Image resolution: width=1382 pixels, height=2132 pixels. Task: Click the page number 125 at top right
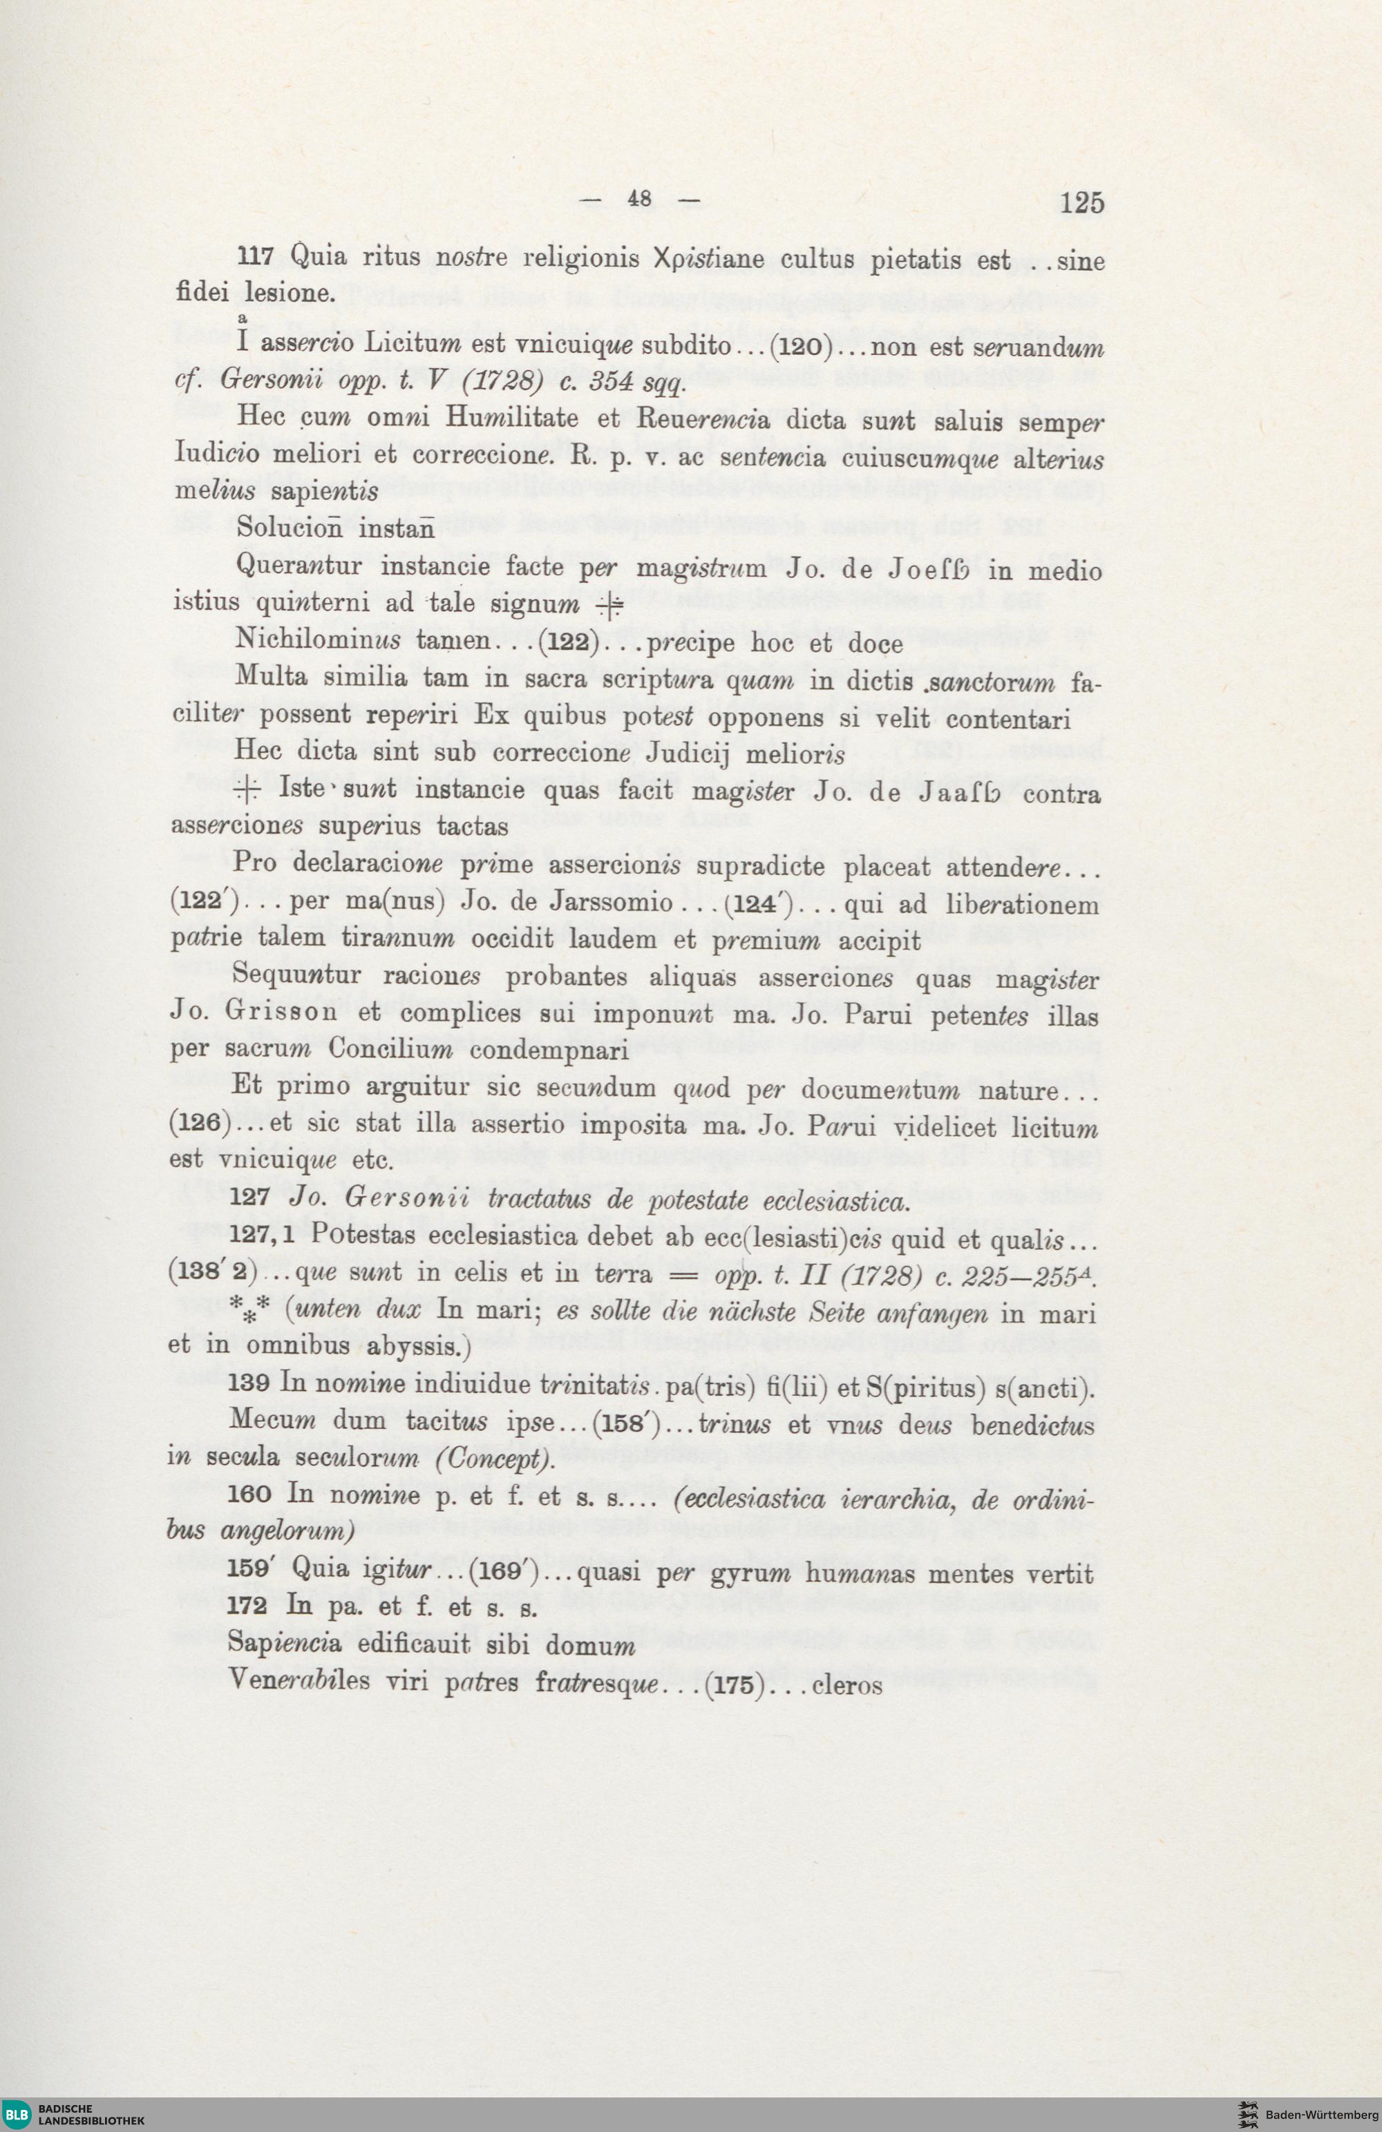pyautogui.click(x=1081, y=203)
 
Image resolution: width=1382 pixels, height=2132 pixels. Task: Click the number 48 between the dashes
pyautogui.click(x=639, y=199)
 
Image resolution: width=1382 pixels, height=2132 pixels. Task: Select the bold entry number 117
pyautogui.click(x=254, y=257)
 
